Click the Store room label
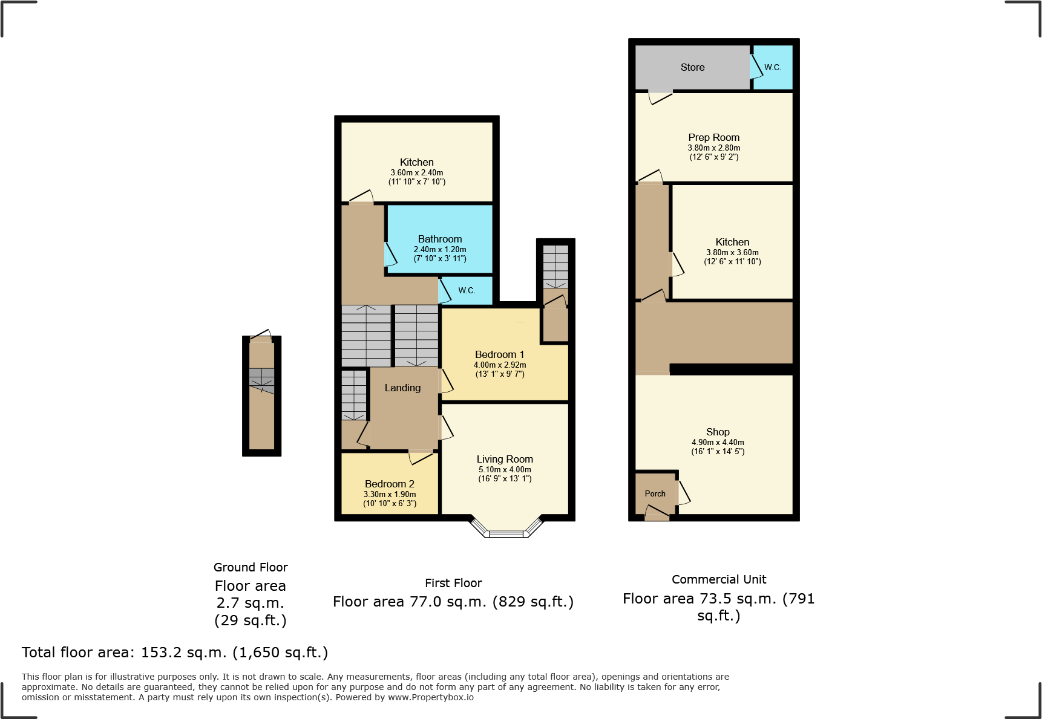tap(692, 68)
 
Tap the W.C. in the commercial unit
tap(773, 68)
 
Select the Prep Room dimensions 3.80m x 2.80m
tap(713, 148)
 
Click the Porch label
tap(655, 494)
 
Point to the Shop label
tap(718, 432)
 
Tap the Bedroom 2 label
tap(390, 484)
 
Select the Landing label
tap(402, 388)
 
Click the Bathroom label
tap(440, 239)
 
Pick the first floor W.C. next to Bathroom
tap(467, 291)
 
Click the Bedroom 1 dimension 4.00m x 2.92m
tap(500, 365)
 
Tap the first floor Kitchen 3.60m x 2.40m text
tap(417, 173)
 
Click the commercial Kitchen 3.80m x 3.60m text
tap(732, 253)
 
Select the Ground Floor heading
tap(251, 567)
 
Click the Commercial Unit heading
tap(719, 579)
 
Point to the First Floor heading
tap(453, 583)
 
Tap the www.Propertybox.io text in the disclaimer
tap(431, 697)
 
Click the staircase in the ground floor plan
tap(261, 380)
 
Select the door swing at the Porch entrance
tap(657, 513)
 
